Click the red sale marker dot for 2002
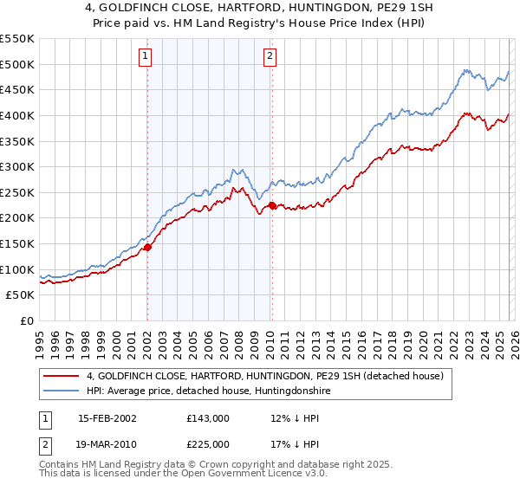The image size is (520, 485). click(x=147, y=247)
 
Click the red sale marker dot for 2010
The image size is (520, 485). click(x=272, y=205)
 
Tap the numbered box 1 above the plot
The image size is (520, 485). click(x=145, y=57)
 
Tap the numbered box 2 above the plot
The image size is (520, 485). click(x=270, y=57)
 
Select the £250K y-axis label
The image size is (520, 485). click(x=17, y=192)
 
